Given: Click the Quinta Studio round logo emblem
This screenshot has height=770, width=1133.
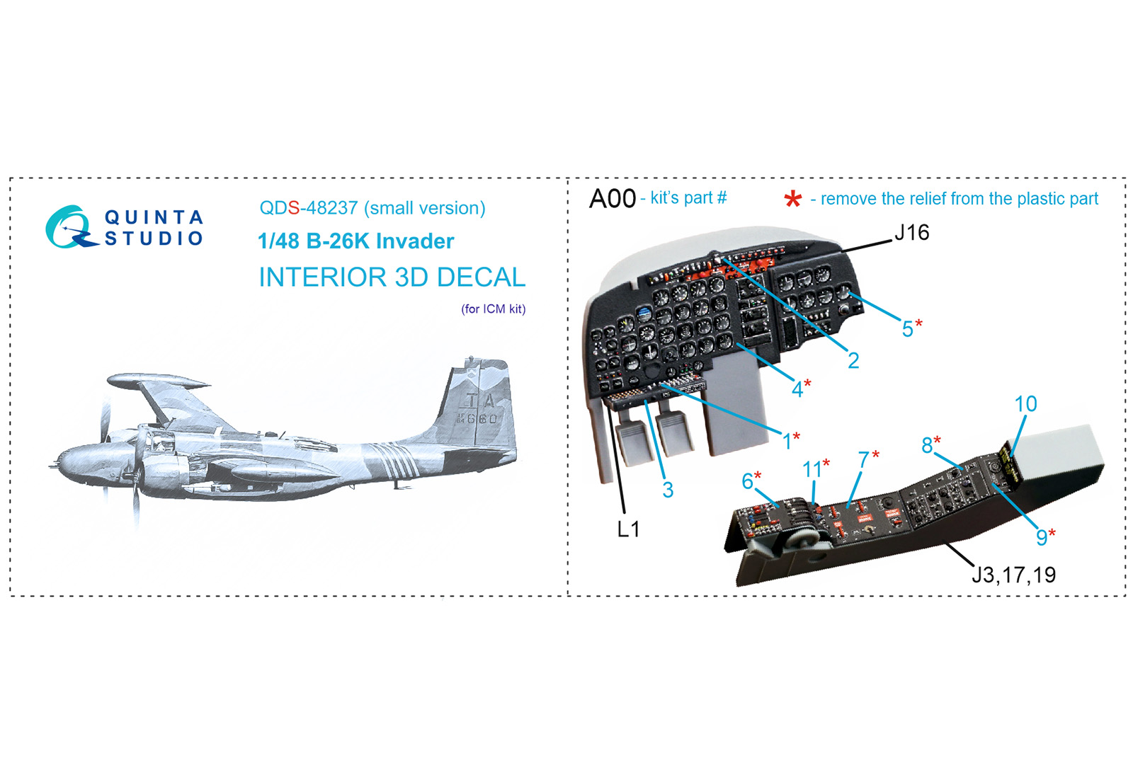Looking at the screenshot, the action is pyautogui.click(x=71, y=227).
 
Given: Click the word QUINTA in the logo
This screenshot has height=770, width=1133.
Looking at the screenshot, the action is pyautogui.click(x=154, y=217).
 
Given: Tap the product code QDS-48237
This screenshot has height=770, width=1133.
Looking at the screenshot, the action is pyautogui.click(x=309, y=208).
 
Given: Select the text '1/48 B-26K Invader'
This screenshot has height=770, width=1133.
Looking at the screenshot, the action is pyautogui.click(x=355, y=241).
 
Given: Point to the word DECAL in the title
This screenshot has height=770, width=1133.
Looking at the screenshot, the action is pyautogui.click(x=481, y=277).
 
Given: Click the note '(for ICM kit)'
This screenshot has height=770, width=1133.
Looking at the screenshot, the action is pyautogui.click(x=493, y=309).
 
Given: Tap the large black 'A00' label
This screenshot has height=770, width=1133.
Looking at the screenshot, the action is pyautogui.click(x=612, y=199).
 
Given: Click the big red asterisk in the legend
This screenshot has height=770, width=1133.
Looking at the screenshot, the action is pyautogui.click(x=792, y=200).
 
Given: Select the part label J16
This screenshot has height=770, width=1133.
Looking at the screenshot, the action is pyautogui.click(x=912, y=233).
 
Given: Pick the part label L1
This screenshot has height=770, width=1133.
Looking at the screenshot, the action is pyautogui.click(x=629, y=529).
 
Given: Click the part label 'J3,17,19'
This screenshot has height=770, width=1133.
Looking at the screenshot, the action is pyautogui.click(x=1013, y=575).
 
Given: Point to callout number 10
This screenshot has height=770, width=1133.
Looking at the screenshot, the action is pyautogui.click(x=1026, y=404).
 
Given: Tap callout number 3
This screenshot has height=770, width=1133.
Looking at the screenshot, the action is pyautogui.click(x=668, y=490).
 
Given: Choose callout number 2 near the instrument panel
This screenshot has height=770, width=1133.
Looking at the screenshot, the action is pyautogui.click(x=853, y=360).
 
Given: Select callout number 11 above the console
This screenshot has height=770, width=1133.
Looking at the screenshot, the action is pyautogui.click(x=816, y=469).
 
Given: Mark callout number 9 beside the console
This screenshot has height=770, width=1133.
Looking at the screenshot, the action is pyautogui.click(x=1045, y=537).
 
